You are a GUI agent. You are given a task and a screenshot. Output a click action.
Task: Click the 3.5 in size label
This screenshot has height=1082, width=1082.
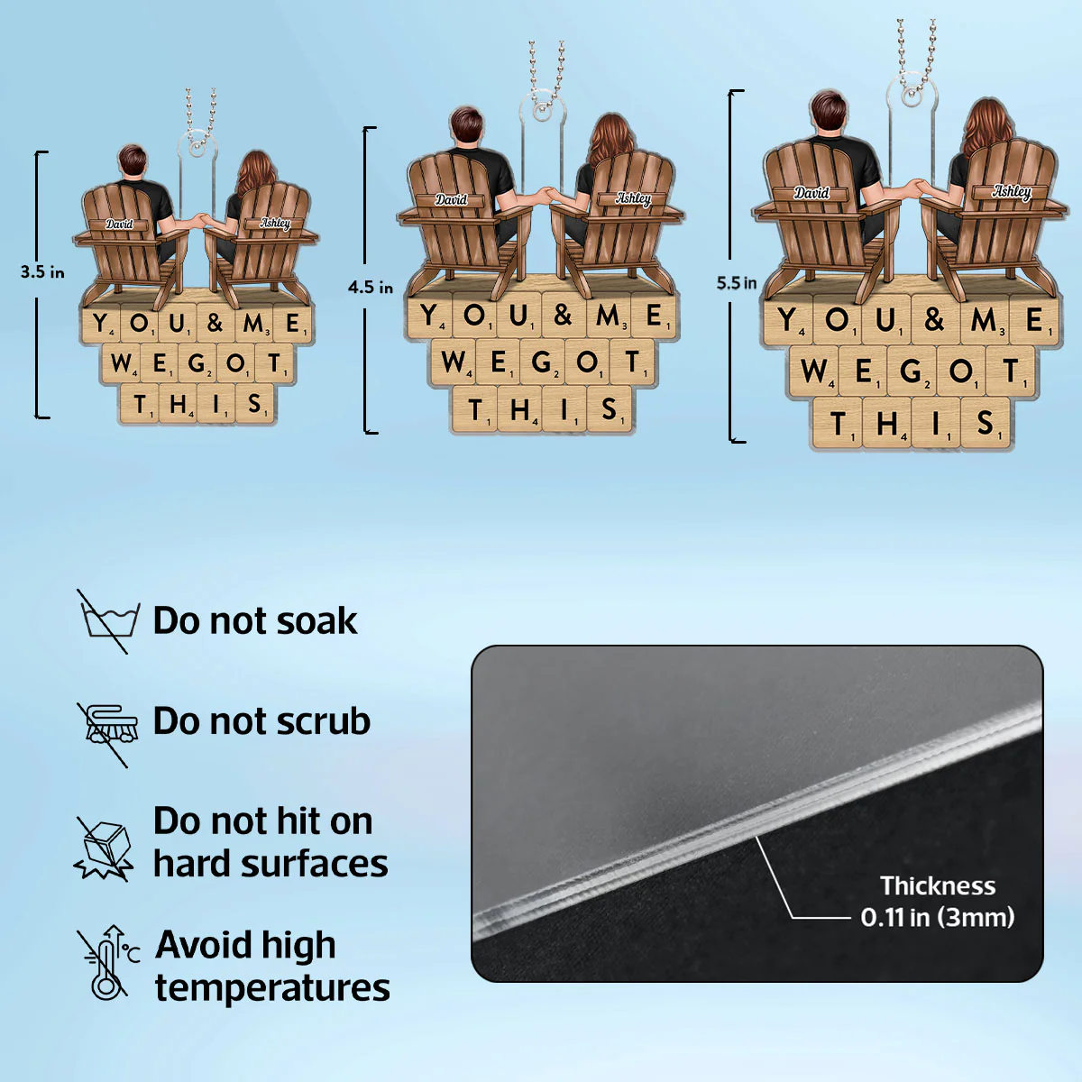[x=42, y=272]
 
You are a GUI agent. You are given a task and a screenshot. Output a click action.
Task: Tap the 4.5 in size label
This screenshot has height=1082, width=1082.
[x=370, y=288]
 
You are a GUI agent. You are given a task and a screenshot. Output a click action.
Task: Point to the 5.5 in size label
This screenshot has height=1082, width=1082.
[x=736, y=283]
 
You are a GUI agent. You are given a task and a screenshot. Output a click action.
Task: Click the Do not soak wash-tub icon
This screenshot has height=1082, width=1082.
[x=106, y=621]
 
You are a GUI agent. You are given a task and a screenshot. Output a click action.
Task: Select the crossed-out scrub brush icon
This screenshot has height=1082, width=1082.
[x=106, y=733]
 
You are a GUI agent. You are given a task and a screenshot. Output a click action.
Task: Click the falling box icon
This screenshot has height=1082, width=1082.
[x=104, y=849]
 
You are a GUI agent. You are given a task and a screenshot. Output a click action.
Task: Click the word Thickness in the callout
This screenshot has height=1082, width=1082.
[x=937, y=886]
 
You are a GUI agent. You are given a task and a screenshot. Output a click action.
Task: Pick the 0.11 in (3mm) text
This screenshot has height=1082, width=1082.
[x=937, y=918]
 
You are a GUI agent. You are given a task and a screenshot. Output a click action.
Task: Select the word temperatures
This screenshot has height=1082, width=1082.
[x=272, y=988]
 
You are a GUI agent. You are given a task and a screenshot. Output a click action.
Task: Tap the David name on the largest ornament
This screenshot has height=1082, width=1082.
[x=811, y=193]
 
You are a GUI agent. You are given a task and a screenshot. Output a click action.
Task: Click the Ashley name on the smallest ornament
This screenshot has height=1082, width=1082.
[x=275, y=223]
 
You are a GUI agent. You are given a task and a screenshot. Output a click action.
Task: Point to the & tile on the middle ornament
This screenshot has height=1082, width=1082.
[x=564, y=315]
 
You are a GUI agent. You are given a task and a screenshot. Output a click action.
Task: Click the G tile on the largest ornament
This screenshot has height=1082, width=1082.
[x=911, y=371]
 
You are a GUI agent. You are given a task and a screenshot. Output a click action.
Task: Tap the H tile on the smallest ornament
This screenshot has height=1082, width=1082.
[x=179, y=403]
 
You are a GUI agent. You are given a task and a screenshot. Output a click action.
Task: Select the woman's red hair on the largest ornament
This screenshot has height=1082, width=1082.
[x=987, y=126]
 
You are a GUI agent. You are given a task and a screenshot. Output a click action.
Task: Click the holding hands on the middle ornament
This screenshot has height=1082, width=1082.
[x=547, y=194]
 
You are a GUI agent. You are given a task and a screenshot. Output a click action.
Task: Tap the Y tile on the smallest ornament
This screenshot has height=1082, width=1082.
[x=101, y=323]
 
